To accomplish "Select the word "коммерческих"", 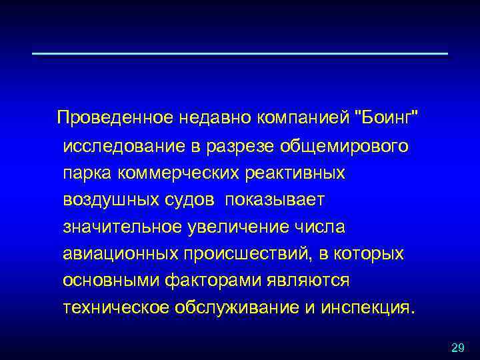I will coord(181,173).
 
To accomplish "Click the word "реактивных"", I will coord(299,173).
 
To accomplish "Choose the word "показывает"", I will coord(275,200).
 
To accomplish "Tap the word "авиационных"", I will coord(119,254).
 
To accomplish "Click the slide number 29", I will coord(457,347).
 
